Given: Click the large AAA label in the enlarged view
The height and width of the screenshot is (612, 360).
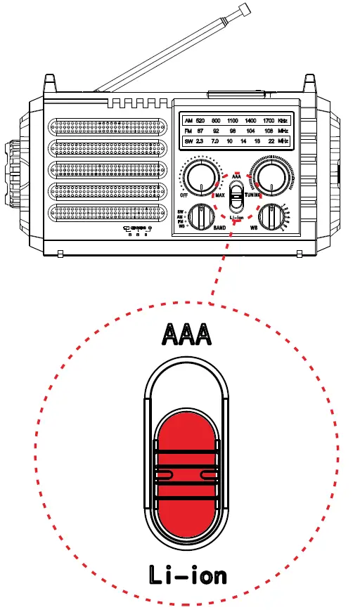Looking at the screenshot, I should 186,334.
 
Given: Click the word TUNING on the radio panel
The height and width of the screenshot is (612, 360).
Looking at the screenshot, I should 254,195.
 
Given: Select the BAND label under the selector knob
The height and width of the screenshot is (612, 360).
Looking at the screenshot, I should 219,229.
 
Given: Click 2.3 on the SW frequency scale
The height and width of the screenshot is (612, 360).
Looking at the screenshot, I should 200,142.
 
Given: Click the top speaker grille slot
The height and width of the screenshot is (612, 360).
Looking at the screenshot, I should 108,128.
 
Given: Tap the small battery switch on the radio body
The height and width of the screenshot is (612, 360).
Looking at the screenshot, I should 237,195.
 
